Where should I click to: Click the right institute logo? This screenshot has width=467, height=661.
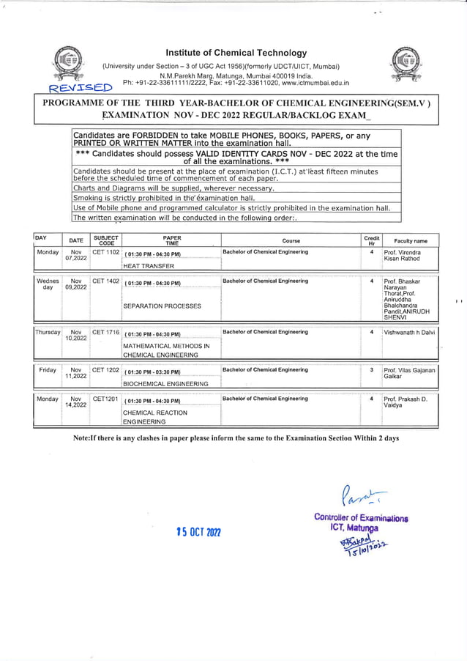[x=403, y=64]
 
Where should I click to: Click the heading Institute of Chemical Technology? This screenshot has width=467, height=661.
[x=236, y=53]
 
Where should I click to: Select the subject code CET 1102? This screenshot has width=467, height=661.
[x=105, y=252]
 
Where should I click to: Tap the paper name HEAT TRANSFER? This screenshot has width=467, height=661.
[x=149, y=266]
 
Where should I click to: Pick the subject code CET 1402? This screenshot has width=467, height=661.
[x=105, y=281]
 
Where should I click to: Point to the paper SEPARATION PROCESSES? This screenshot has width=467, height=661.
[x=162, y=306]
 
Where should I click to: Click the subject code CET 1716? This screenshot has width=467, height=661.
[x=105, y=332]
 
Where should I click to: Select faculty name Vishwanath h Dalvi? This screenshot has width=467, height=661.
[x=409, y=332]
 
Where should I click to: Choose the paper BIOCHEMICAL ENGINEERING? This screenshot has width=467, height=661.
[x=165, y=383]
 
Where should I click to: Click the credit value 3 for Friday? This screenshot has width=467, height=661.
[x=372, y=370]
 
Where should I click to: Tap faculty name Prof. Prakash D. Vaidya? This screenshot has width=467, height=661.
[x=406, y=402]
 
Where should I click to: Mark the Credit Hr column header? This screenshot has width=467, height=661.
[x=372, y=240]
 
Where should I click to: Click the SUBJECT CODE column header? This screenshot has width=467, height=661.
[x=106, y=240]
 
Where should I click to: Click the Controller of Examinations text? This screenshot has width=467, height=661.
[x=361, y=518]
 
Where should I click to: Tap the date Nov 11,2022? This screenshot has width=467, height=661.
[x=75, y=373]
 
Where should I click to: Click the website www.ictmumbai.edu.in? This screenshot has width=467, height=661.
[x=310, y=84]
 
